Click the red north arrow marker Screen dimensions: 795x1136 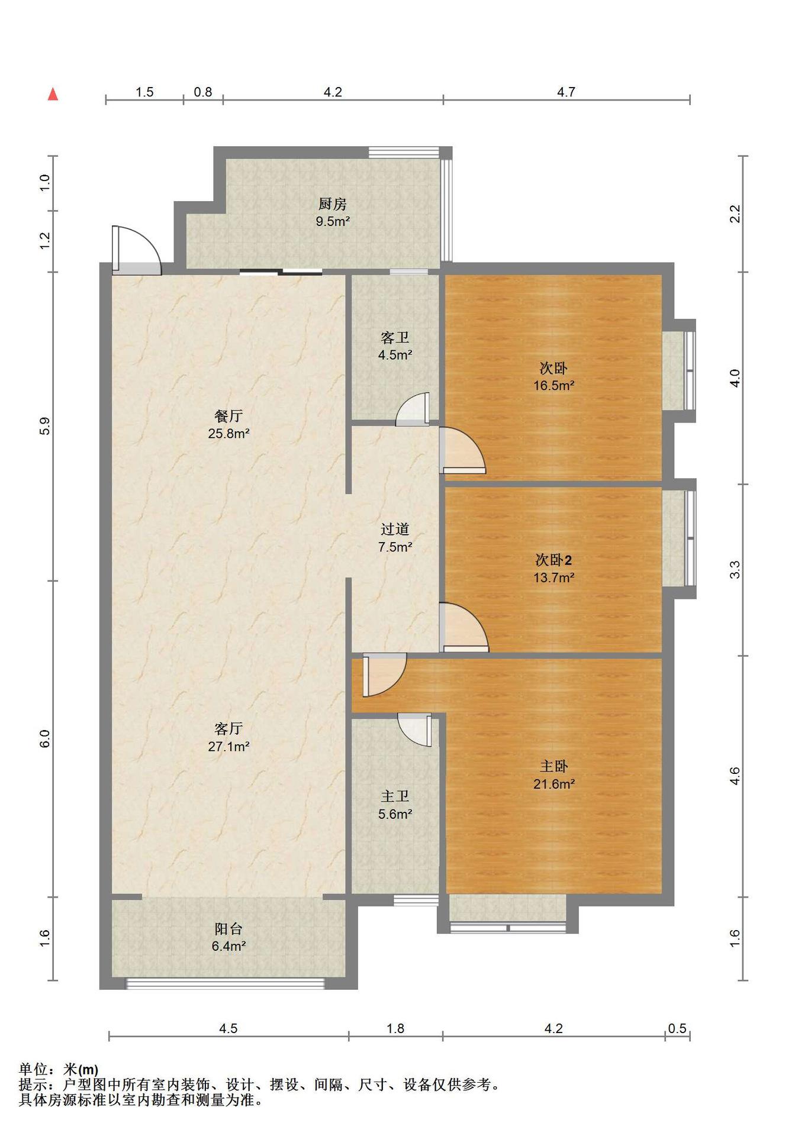(53, 94)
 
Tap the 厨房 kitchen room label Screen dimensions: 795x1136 (333, 204)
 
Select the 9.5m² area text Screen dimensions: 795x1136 (333, 222)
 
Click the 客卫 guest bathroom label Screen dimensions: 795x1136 (395, 338)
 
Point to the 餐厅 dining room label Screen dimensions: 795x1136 (228, 416)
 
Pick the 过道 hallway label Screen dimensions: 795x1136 (395, 530)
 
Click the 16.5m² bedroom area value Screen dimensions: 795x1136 (553, 386)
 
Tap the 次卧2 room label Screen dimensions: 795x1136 (553, 560)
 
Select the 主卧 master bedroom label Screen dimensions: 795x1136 (553, 767)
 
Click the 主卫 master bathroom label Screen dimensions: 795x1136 (395, 797)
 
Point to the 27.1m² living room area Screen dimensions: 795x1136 (228, 747)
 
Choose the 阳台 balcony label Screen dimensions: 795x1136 (228, 930)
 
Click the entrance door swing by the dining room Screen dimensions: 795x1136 (136, 250)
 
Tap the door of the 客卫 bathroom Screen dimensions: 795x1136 (413, 409)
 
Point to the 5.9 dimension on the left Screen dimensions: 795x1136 (45, 426)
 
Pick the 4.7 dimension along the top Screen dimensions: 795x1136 (566, 92)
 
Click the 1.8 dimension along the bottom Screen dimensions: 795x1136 (395, 1028)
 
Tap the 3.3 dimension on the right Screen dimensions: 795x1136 (735, 570)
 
